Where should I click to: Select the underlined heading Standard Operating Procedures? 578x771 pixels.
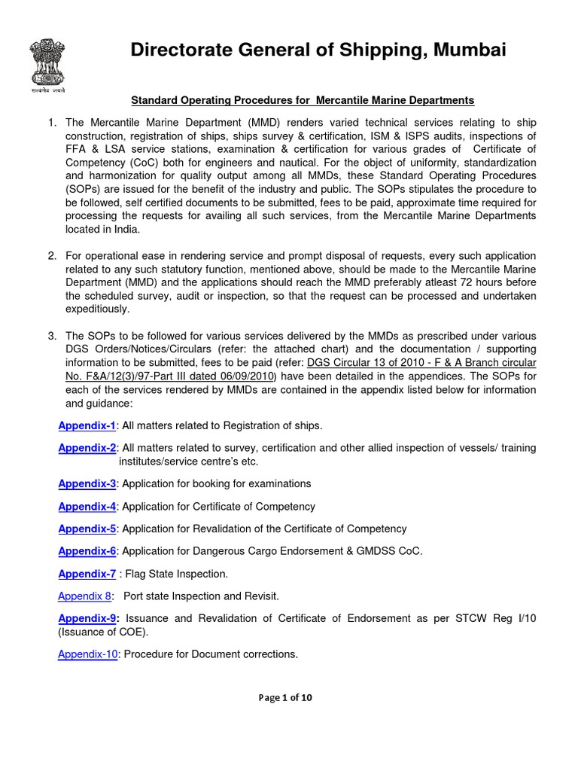pyautogui.click(x=303, y=99)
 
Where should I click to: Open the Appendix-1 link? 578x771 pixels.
pyautogui.click(x=87, y=426)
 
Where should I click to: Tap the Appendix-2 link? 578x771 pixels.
pyautogui.click(x=87, y=448)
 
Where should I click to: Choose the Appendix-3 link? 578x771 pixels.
pyautogui.click(x=87, y=483)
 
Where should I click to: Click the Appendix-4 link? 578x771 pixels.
pyautogui.click(x=87, y=507)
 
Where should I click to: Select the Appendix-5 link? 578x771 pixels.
pyautogui.click(x=87, y=529)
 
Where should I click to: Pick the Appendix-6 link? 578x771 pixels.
pyautogui.click(x=87, y=551)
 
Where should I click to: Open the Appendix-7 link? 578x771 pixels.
pyautogui.click(x=87, y=574)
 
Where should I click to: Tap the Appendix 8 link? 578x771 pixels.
pyautogui.click(x=85, y=596)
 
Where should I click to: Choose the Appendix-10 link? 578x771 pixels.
pyautogui.click(x=88, y=654)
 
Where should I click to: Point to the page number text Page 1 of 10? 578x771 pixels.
pyautogui.click(x=284, y=698)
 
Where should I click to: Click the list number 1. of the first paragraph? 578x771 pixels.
pyautogui.click(x=52, y=123)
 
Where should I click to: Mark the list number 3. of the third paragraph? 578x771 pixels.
pyautogui.click(x=52, y=336)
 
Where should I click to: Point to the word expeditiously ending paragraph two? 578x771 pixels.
pyautogui.click(x=98, y=309)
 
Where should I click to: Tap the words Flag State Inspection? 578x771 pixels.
pyautogui.click(x=175, y=574)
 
